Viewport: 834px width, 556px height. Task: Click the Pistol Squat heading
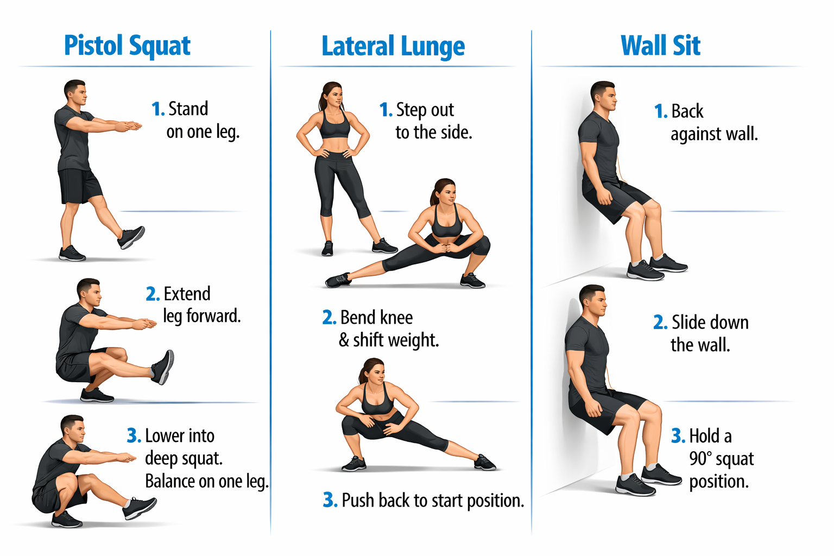click(x=128, y=46)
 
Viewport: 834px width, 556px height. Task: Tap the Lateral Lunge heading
click(x=393, y=47)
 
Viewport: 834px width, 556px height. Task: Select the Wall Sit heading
click(x=660, y=46)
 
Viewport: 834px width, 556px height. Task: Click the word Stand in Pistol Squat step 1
click(x=188, y=109)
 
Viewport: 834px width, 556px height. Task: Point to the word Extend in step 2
click(x=187, y=294)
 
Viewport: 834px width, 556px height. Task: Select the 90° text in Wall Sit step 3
click(x=700, y=459)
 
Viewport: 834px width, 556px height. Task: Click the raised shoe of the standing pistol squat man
click(x=131, y=237)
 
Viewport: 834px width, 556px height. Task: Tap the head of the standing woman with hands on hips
click(x=331, y=96)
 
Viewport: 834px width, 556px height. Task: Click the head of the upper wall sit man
click(x=603, y=96)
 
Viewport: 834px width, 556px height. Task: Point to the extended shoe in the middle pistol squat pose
click(x=163, y=367)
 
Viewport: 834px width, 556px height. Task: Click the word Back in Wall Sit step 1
click(x=687, y=111)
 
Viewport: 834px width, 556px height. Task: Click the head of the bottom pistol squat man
click(x=73, y=428)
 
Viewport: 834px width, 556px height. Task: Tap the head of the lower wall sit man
click(x=593, y=300)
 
